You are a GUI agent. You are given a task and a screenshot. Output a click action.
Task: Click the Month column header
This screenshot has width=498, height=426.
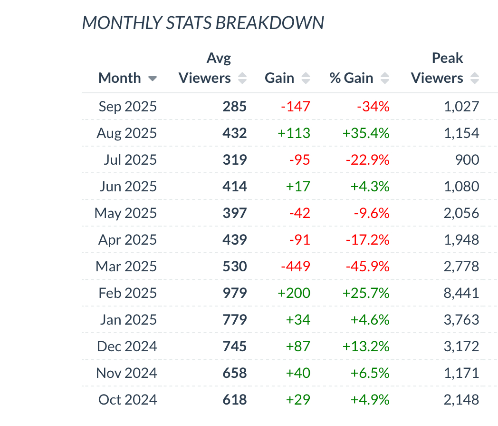click(x=119, y=78)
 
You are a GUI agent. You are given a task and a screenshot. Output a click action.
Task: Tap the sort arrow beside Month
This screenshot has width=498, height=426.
click(x=153, y=79)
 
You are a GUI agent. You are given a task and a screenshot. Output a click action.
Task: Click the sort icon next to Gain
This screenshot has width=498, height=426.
click(x=306, y=79)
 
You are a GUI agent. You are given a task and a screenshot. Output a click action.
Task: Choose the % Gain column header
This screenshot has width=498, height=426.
click(x=351, y=78)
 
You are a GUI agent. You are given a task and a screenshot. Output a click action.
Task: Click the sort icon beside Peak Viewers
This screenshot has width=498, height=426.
click(x=474, y=79)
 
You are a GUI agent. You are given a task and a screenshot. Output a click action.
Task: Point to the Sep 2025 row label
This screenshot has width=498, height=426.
click(x=127, y=106)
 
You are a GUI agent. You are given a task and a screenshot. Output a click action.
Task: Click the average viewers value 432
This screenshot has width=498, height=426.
click(x=235, y=133)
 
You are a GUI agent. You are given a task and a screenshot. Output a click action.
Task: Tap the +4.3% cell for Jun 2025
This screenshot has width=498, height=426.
click(x=370, y=186)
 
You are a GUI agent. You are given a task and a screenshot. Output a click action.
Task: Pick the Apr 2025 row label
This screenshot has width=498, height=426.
click(x=127, y=239)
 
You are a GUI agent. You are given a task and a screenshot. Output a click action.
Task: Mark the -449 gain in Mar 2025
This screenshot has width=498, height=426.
click(x=295, y=266)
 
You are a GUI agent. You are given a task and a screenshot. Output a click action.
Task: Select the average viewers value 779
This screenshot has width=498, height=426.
click(x=235, y=319)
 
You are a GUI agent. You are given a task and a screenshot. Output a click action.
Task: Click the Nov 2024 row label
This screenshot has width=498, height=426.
click(x=126, y=373)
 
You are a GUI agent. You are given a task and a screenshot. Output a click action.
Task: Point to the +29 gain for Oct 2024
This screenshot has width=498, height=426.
click(x=298, y=399)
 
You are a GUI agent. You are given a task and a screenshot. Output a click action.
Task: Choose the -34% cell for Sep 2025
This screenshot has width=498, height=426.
click(x=373, y=106)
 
